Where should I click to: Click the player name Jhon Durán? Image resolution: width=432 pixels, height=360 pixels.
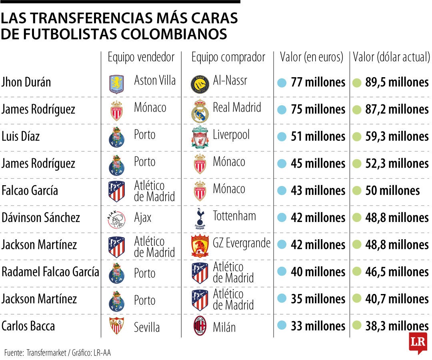pyautogui.click(x=26, y=82)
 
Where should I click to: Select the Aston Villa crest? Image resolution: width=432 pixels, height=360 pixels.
pyautogui.click(x=117, y=83)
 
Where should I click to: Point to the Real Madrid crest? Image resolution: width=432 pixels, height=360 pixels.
pyautogui.click(x=199, y=110)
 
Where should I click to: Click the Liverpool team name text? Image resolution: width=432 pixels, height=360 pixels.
pyautogui.click(x=231, y=135)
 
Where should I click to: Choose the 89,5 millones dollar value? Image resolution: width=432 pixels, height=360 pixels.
pyautogui.click(x=397, y=82)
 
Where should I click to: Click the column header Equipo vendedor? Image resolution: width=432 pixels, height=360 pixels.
pyautogui.click(x=141, y=57)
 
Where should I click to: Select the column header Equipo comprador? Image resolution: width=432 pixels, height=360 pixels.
pyautogui.click(x=228, y=57)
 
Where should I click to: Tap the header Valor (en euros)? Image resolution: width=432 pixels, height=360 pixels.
pyautogui.click(x=312, y=57)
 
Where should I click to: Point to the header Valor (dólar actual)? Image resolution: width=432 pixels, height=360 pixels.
pyautogui.click(x=391, y=57)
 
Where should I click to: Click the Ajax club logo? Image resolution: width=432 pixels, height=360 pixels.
pyautogui.click(x=116, y=218)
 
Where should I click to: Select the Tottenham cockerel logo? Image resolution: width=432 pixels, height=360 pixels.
pyautogui.click(x=199, y=218)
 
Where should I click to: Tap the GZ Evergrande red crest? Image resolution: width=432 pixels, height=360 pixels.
pyautogui.click(x=200, y=246)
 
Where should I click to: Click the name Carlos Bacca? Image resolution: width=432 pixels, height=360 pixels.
pyautogui.click(x=28, y=326)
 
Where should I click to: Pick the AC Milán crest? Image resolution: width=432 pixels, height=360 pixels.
pyautogui.click(x=200, y=327)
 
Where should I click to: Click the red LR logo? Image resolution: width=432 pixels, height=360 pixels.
pyautogui.click(x=418, y=342)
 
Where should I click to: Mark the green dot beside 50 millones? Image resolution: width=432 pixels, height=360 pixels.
pyautogui.click(x=357, y=190)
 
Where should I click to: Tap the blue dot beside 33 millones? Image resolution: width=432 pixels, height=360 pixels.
pyautogui.click(x=282, y=326)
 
